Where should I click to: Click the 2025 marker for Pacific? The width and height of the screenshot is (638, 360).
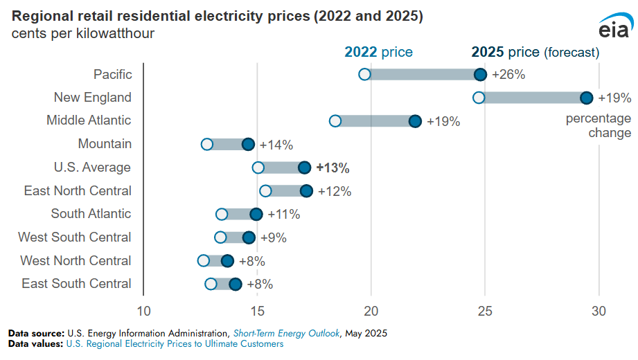(x=480, y=74)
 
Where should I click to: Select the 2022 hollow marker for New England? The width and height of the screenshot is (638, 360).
(x=479, y=98)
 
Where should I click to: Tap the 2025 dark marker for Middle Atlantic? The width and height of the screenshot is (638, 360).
(x=415, y=121)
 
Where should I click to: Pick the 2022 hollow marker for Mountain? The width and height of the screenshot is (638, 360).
(x=207, y=144)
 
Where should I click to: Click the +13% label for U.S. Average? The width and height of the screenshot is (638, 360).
(x=333, y=168)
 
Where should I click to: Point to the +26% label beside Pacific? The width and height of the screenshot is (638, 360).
(x=508, y=74)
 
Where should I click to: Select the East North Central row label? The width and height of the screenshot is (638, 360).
(x=78, y=190)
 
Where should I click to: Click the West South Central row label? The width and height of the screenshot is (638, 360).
(x=75, y=237)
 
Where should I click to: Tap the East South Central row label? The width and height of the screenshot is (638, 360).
(x=76, y=284)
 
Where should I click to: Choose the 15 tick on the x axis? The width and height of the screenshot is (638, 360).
(x=257, y=310)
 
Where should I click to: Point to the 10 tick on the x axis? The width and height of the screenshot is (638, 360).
(x=143, y=310)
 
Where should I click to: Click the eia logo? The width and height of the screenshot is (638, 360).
(x=614, y=28)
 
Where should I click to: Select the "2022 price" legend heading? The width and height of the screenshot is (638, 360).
(x=378, y=52)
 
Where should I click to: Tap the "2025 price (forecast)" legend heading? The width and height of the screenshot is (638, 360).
(x=535, y=52)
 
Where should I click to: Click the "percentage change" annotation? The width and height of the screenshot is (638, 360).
(x=599, y=125)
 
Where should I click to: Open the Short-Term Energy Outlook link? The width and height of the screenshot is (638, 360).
(x=286, y=333)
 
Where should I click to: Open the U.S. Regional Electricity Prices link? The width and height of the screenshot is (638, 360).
(x=175, y=343)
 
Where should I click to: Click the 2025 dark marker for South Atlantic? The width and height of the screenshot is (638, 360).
(x=256, y=214)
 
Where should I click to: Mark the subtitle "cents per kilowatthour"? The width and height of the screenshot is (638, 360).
(x=82, y=32)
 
